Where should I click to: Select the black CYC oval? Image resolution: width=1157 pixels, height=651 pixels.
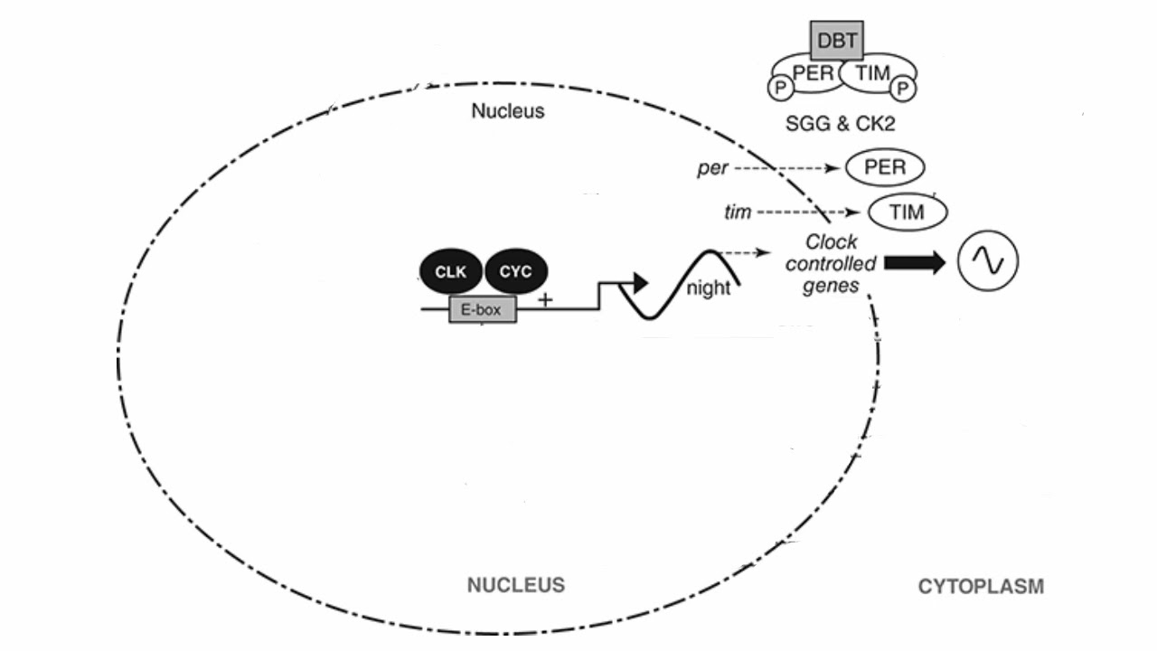coord(516,269)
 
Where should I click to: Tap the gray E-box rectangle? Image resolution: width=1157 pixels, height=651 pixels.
coord(483,311)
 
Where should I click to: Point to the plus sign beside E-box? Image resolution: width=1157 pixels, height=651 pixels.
coord(544,299)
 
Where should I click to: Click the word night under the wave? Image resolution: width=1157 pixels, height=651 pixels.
coord(708,289)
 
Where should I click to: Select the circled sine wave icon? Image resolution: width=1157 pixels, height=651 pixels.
coord(988,261)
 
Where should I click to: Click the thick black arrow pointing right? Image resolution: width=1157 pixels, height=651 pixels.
coord(914,262)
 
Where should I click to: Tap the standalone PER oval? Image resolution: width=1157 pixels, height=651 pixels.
coord(885,168)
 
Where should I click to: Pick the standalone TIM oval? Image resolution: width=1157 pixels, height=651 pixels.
coord(908,212)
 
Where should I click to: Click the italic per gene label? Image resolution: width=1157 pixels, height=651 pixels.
coord(712,169)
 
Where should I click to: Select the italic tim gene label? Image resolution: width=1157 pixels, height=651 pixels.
coord(738,212)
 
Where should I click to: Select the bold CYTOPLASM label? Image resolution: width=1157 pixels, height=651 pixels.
coord(981,587)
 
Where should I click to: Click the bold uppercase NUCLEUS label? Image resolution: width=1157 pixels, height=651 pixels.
coord(515,585)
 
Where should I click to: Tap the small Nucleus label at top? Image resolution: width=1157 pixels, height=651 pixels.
coord(508,112)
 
